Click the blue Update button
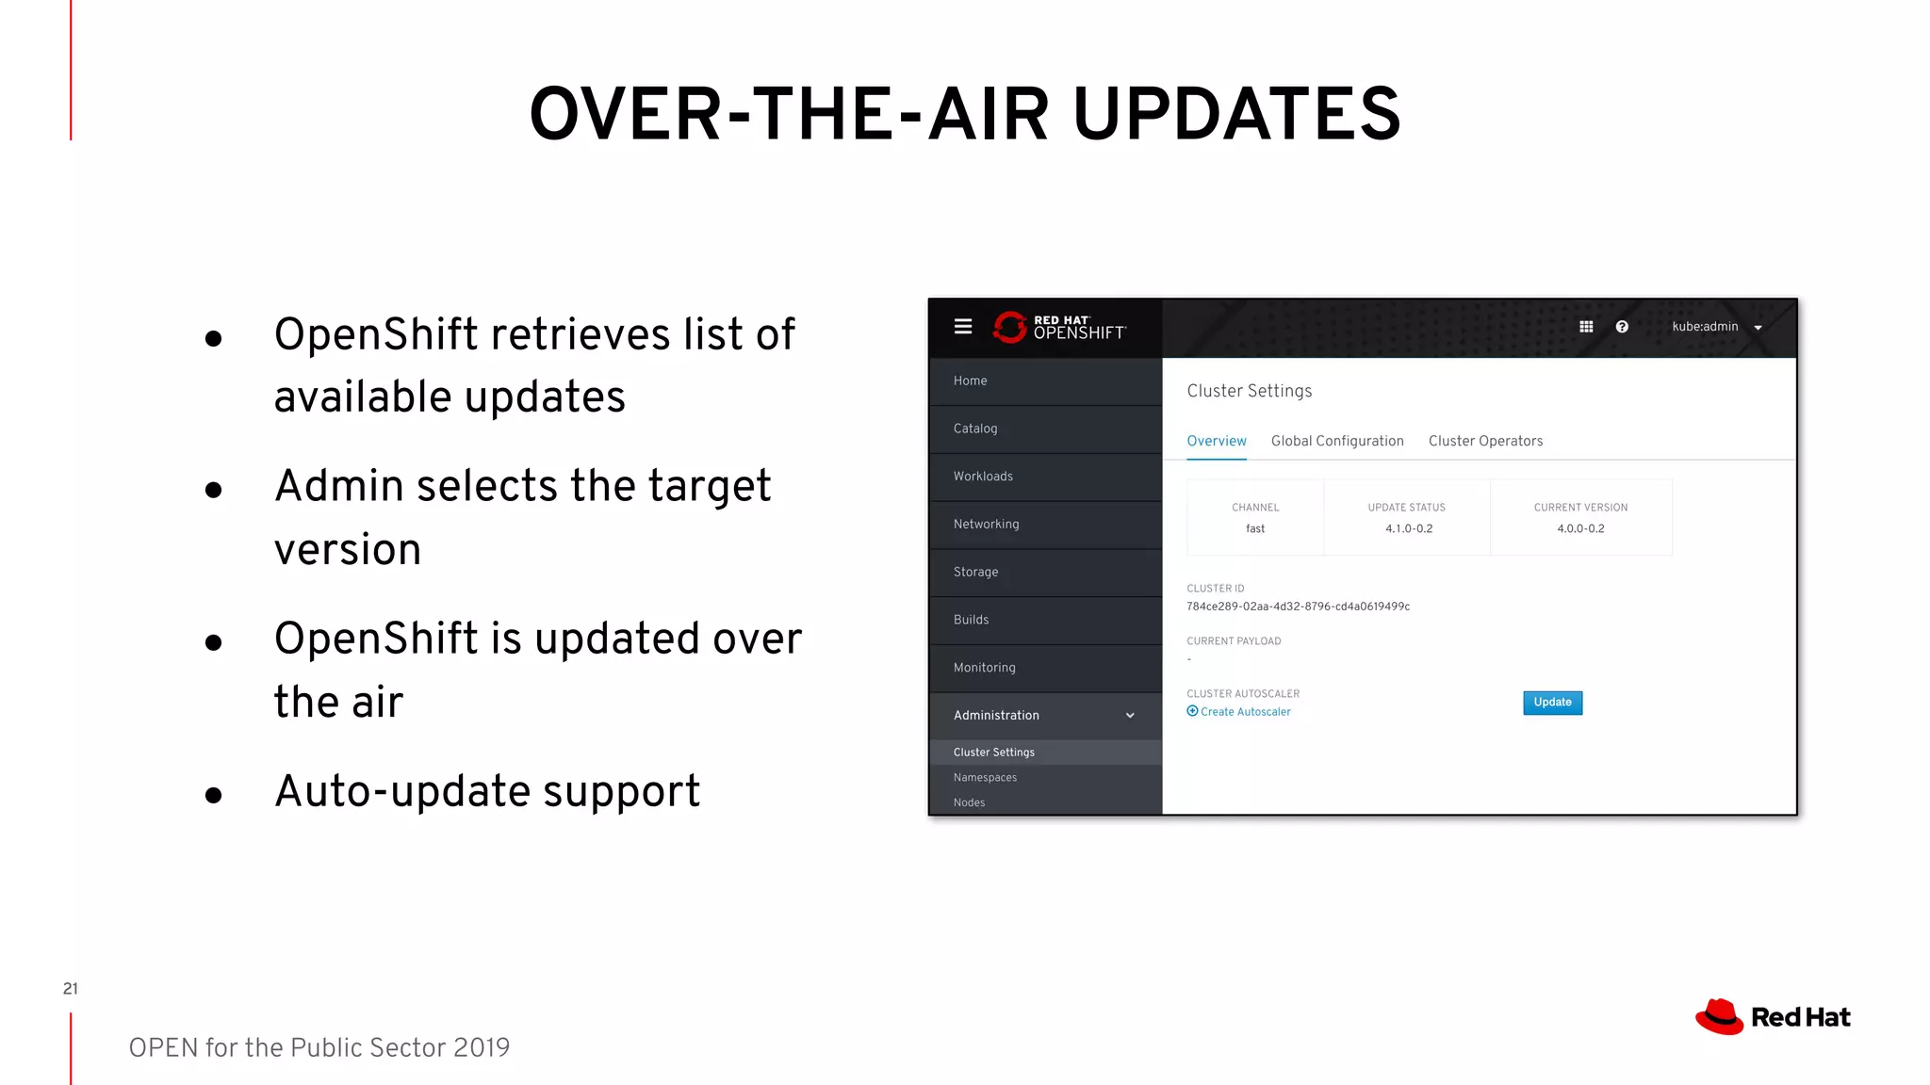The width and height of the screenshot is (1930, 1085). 1552,703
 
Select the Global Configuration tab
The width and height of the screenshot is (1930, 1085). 1336,441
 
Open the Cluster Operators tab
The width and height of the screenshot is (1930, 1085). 1485,441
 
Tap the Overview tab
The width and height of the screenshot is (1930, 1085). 1216,441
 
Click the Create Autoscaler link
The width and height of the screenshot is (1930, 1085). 1244,712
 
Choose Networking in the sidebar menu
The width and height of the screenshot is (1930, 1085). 986,525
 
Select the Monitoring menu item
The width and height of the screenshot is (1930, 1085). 984,668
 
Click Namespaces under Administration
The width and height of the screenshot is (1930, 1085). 985,778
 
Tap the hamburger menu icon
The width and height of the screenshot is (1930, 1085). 962,327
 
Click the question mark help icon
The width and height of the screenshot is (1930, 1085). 1621,327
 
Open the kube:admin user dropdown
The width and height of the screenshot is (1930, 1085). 1715,327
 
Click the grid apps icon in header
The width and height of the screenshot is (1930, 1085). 1586,327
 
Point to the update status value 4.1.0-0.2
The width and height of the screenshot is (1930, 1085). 1408,529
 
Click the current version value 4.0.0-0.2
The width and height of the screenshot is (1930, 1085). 1580,529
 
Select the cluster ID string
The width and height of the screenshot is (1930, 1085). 1298,607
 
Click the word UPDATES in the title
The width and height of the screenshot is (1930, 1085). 1236,115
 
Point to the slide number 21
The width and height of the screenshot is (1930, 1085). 71,988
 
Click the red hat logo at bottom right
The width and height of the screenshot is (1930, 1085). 1720,1017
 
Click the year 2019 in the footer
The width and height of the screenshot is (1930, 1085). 481,1047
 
